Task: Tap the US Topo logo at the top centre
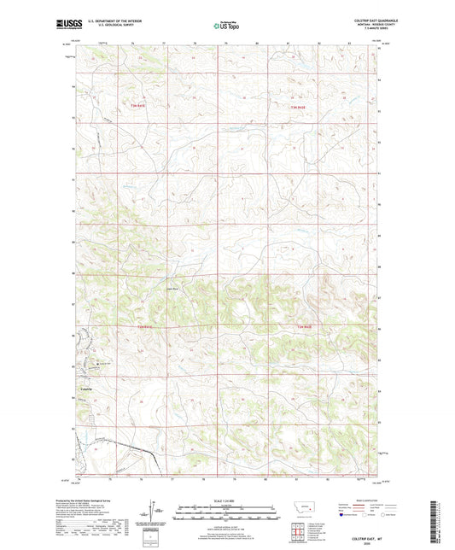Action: click(227, 26)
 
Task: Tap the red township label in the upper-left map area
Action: click(138, 104)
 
